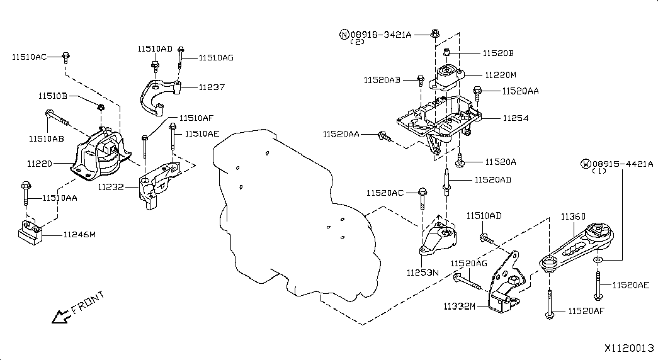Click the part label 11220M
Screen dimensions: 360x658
pyautogui.click(x=501, y=74)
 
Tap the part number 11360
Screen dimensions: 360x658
pyautogui.click(x=573, y=217)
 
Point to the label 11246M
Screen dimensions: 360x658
pyautogui.click(x=79, y=235)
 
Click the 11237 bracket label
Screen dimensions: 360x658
pyautogui.click(x=212, y=87)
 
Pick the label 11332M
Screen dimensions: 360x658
pyautogui.click(x=459, y=307)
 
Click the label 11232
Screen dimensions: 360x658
pyautogui.click(x=111, y=186)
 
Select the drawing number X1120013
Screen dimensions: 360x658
pyautogui.click(x=630, y=347)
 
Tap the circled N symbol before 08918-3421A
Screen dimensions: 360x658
pyautogui.click(x=344, y=35)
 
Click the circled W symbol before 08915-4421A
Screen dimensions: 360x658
pyautogui.click(x=586, y=165)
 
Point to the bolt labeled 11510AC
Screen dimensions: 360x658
pyautogui.click(x=66, y=58)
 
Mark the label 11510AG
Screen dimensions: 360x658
pyautogui.click(x=216, y=57)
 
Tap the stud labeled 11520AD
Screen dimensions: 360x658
pyautogui.click(x=446, y=183)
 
